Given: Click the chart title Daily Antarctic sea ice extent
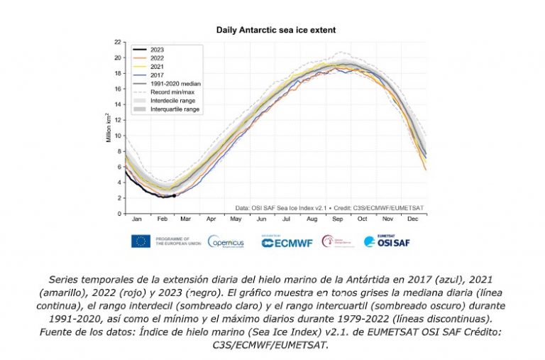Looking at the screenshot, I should point(275,31).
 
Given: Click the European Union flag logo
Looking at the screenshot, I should point(141,241).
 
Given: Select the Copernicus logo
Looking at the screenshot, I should point(226,241).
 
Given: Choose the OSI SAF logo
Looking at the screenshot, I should point(387,241).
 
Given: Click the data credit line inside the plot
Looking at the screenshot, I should point(329,207).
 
